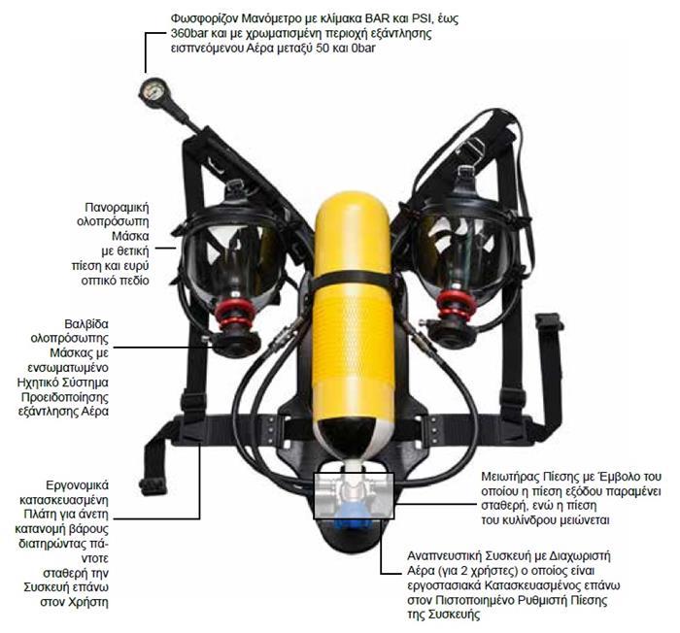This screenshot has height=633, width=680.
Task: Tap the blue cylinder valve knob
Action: pos(353,519)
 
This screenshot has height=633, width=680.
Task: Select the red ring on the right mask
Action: pos(454,307)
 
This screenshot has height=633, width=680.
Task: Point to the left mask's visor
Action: pos(232,255)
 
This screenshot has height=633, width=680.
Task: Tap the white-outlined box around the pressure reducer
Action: pos(354,496)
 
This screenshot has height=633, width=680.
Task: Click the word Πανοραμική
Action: pos(117,208)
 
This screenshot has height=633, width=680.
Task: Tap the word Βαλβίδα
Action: pos(86,324)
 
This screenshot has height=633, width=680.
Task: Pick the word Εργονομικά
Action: pos(77,485)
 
